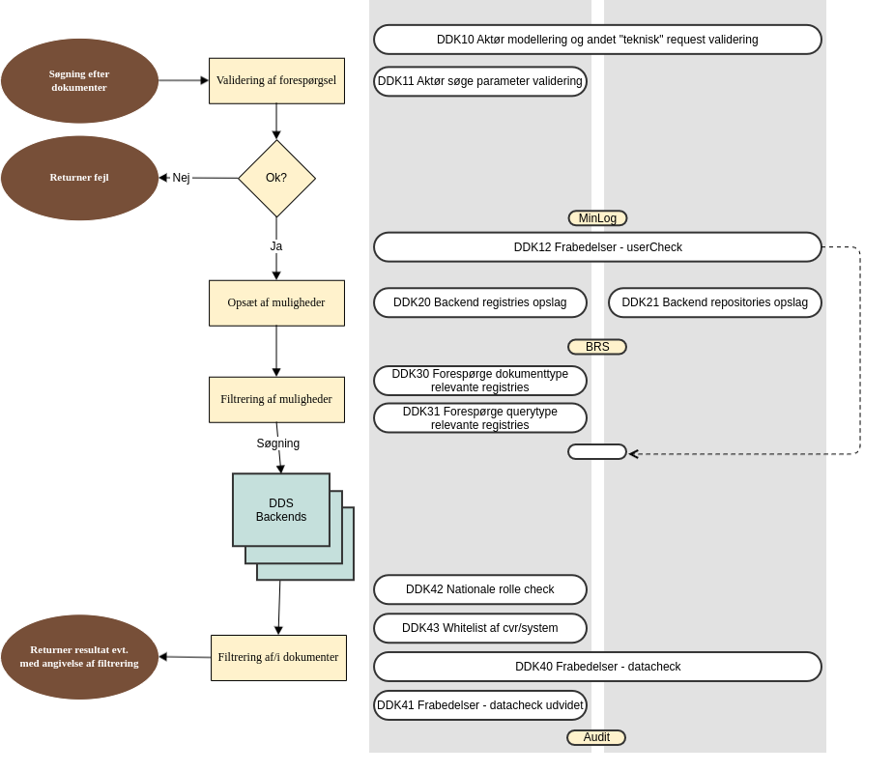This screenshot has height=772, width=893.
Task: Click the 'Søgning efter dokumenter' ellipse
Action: coord(79,81)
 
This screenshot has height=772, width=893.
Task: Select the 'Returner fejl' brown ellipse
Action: coord(79,178)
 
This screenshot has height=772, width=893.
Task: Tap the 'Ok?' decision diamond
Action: coord(276,178)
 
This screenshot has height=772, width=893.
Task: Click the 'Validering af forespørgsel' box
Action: coord(276,81)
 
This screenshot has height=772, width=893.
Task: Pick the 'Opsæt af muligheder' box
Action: coord(276,303)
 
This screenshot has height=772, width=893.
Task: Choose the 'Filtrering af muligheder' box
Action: coord(276,400)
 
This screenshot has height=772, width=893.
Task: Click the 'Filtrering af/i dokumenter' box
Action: coord(278,658)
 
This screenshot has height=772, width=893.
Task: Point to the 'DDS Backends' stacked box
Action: coord(281,510)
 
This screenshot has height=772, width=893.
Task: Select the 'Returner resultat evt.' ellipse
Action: coord(79,657)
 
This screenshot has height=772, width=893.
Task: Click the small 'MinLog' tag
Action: coord(597,218)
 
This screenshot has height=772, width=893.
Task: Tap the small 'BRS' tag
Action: coord(597,347)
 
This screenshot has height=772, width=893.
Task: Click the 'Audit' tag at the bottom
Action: coord(596,737)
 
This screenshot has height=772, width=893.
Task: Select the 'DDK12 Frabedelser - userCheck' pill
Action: coord(597,247)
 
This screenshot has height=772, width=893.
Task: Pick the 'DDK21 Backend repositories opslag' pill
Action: coord(714,302)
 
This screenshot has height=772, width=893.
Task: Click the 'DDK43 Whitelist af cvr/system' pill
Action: coord(479,628)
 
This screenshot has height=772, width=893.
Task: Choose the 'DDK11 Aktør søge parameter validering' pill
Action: coord(479,81)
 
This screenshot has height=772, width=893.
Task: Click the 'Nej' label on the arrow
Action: coord(181,178)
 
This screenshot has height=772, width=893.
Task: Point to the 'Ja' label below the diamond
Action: coord(276,246)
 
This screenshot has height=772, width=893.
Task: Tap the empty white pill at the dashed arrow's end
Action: coord(597,452)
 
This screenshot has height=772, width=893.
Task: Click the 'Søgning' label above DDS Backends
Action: coord(278,443)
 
